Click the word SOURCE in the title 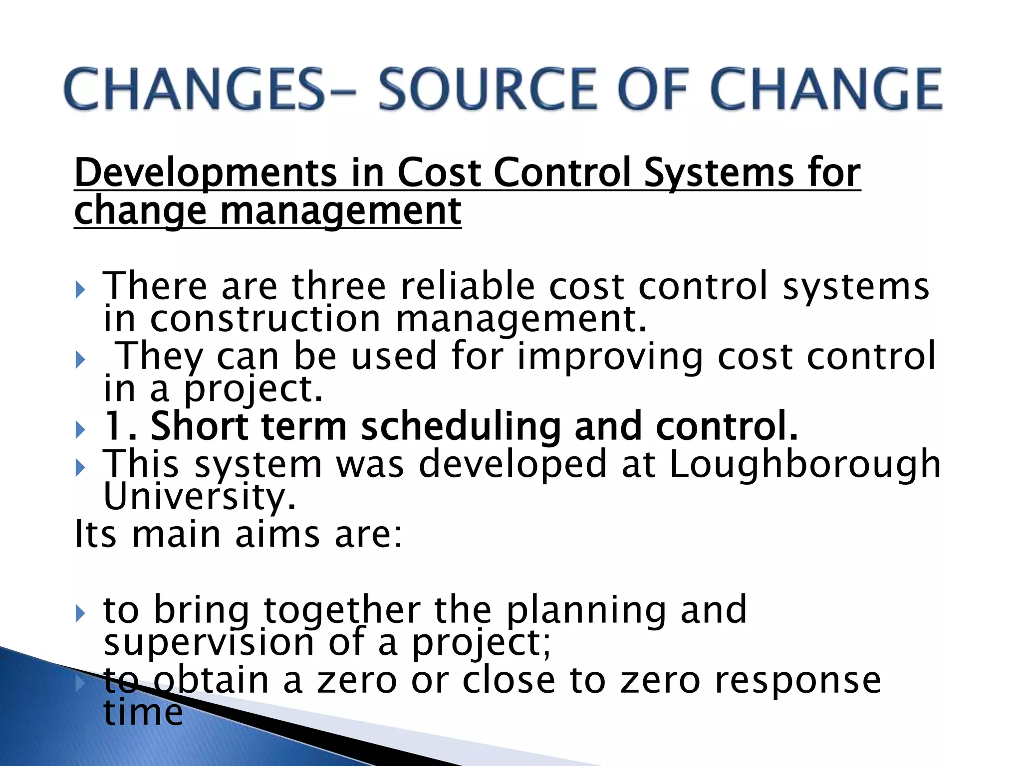tap(488, 90)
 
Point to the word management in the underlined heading tap(340, 211)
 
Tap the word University tap(200, 497)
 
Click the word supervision tap(209, 643)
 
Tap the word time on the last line tap(143, 713)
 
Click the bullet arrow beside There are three tap(80, 289)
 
